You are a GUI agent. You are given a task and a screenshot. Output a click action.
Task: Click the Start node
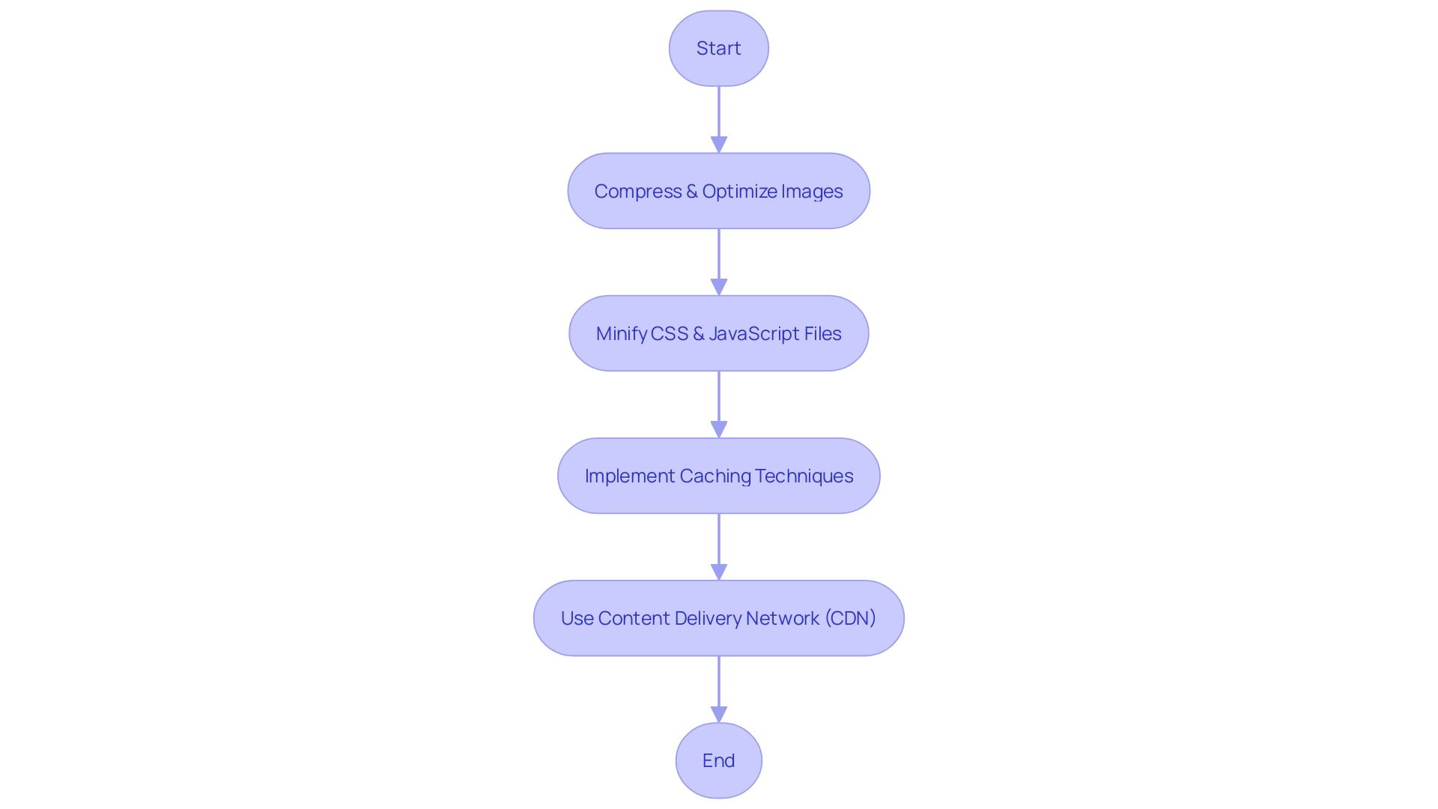(x=718, y=49)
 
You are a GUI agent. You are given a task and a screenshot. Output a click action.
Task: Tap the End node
(x=718, y=760)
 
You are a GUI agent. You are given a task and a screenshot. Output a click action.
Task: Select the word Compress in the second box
(x=637, y=192)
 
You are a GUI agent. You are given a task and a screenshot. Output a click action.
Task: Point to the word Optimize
(x=739, y=192)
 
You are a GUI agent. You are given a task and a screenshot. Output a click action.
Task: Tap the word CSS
(x=670, y=334)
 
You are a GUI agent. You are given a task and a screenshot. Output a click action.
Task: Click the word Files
(x=822, y=334)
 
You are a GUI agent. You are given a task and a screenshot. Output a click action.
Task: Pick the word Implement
(x=629, y=476)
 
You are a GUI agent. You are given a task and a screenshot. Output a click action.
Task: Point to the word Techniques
(x=804, y=476)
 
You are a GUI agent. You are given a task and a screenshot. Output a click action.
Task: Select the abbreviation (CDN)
(x=850, y=619)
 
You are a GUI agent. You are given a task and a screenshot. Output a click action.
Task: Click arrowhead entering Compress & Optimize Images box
(x=718, y=145)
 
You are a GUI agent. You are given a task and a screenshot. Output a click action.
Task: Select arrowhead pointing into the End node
(x=718, y=714)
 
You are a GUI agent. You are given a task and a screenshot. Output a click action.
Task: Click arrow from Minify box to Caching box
(x=718, y=401)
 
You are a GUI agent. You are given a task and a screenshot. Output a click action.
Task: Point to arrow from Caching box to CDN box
(x=718, y=543)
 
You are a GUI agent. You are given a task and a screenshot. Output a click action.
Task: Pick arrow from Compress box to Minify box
(x=718, y=258)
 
